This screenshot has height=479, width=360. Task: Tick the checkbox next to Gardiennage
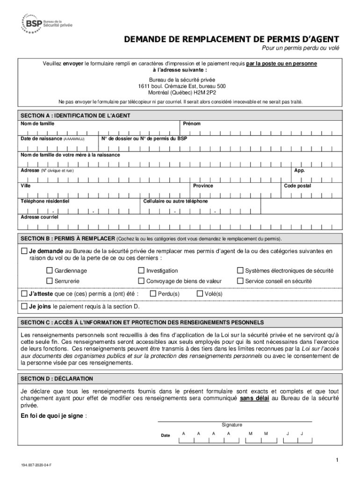tap(50, 270)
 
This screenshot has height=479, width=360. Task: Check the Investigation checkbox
tap(141, 270)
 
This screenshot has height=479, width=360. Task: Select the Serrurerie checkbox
tap(50, 281)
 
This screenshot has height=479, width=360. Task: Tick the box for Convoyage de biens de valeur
tap(141, 281)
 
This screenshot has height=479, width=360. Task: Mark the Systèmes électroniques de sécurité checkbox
tap(240, 270)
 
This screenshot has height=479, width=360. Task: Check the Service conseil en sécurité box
tap(240, 281)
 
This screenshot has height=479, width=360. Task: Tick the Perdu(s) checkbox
tap(152, 294)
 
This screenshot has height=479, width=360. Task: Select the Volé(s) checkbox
tap(200, 294)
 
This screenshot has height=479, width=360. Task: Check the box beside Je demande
tap(24, 251)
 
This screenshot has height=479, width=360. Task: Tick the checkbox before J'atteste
tap(24, 294)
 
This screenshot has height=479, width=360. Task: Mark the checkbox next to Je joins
tap(24, 306)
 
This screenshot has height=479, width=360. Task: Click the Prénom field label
tap(192, 123)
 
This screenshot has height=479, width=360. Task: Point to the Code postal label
tap(297, 186)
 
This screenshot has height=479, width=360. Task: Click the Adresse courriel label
tap(39, 217)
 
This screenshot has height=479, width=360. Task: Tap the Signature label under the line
tap(232, 425)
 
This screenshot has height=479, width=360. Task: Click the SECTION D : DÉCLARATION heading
tap(57, 378)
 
